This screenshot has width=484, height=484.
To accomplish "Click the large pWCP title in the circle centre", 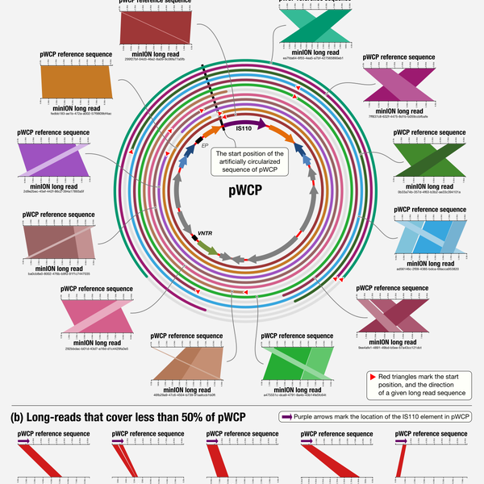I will click(242, 194).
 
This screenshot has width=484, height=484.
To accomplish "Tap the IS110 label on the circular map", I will click(245, 127).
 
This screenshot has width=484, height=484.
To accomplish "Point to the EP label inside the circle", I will click(205, 148).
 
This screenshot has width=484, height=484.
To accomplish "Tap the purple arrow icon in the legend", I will click(286, 416).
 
